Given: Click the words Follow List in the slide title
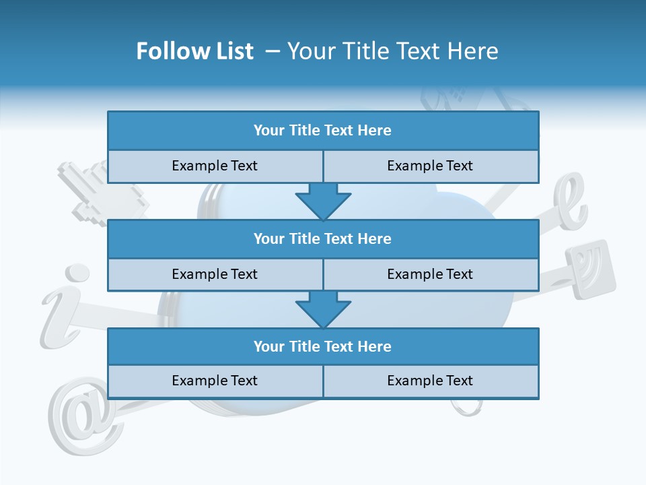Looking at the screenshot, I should (x=195, y=51).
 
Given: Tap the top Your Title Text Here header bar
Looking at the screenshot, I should (x=323, y=131).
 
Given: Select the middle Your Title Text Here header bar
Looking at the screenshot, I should (x=323, y=239).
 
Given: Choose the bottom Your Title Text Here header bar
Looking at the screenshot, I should (x=323, y=347).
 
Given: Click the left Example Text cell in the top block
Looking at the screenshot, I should (x=215, y=166).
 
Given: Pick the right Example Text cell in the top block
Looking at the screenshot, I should (x=430, y=166).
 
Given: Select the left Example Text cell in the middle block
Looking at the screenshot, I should (x=215, y=275).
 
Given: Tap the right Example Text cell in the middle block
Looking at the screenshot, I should (x=430, y=275).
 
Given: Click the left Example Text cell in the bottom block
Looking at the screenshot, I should (x=215, y=381).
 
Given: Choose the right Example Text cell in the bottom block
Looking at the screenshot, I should (x=430, y=381).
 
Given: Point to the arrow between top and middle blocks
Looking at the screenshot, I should (x=323, y=201).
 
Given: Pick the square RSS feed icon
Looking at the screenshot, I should (x=590, y=268).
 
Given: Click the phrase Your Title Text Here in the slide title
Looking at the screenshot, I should (x=393, y=51).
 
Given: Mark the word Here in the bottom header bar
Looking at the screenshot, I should (x=374, y=347).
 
